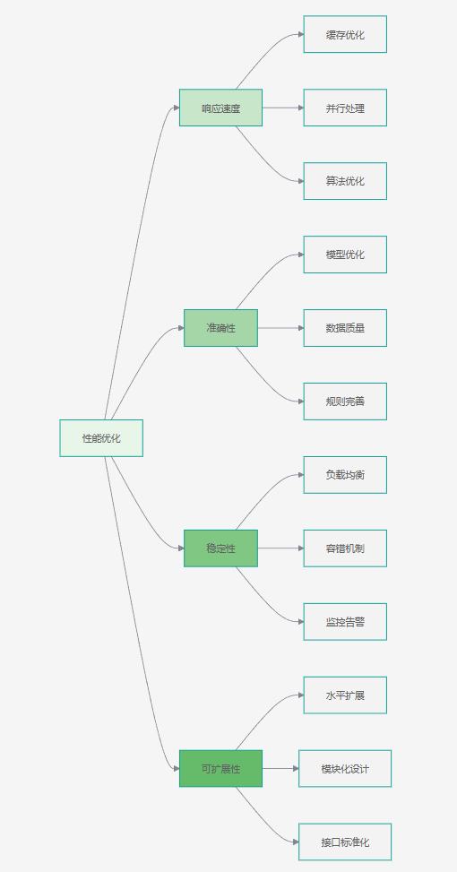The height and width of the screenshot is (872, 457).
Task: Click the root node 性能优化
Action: (x=101, y=438)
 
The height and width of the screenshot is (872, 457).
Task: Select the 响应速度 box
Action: (x=220, y=108)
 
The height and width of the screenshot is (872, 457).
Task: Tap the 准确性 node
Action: (x=220, y=328)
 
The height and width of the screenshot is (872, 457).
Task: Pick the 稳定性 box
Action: (x=220, y=548)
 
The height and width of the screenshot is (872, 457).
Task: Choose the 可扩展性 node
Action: (x=220, y=769)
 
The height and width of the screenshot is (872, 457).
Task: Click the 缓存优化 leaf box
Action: (x=345, y=34)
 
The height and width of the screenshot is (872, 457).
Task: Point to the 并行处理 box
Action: (x=345, y=108)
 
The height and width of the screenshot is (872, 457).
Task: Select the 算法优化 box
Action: (x=345, y=181)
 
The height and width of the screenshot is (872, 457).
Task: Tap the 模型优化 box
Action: (x=345, y=255)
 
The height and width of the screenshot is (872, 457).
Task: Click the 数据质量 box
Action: (x=345, y=328)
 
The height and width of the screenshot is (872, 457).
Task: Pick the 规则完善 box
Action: (x=345, y=401)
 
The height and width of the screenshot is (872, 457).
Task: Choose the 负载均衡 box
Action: (x=345, y=475)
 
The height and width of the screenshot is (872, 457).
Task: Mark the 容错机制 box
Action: (x=345, y=548)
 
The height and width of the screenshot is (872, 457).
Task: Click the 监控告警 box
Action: (x=345, y=622)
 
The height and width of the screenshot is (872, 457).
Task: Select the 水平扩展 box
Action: (x=345, y=695)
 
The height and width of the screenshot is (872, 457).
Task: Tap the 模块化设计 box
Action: (x=345, y=769)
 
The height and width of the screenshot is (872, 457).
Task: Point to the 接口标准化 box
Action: (x=345, y=842)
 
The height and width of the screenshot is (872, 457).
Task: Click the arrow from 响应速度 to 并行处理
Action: (x=283, y=108)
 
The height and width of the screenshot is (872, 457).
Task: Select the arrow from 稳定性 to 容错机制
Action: (x=280, y=548)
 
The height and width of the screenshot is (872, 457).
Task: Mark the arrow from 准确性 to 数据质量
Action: (x=280, y=328)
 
